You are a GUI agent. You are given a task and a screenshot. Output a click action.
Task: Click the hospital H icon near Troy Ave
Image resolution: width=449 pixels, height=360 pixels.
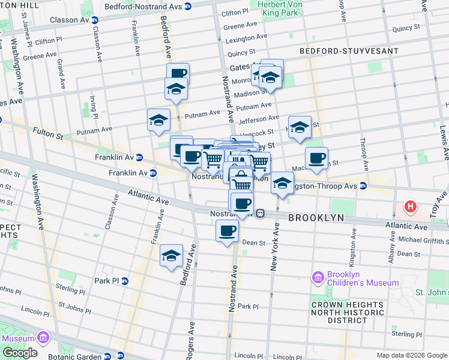411,207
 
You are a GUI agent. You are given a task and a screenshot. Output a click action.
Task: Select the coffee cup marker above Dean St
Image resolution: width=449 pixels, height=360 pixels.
227,230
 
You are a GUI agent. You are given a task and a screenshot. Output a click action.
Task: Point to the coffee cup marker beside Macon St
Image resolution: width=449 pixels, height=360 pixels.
316,158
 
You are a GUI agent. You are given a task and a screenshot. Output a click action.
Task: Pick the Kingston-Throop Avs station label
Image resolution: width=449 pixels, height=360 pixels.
329,186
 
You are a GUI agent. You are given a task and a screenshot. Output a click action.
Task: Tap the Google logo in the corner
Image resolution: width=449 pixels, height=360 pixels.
20,352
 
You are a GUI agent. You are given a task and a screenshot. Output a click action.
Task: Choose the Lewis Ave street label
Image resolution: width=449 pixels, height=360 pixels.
443,142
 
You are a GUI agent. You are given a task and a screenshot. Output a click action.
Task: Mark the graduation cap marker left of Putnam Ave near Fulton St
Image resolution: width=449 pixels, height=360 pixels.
158,120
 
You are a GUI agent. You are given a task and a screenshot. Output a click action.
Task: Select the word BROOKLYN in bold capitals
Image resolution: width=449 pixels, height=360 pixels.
316,218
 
